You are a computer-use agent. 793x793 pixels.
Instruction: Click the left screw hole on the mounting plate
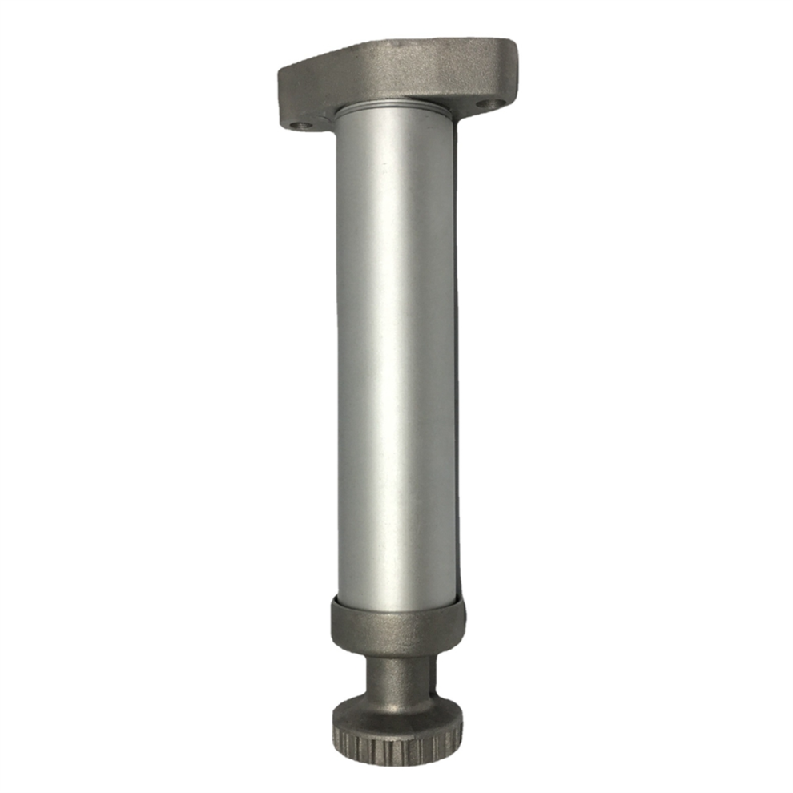click(x=300, y=125)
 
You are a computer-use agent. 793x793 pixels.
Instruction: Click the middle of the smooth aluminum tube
click(x=396, y=360)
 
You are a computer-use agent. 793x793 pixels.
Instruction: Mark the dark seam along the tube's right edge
click(x=457, y=360)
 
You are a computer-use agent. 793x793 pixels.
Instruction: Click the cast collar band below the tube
click(x=397, y=626)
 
